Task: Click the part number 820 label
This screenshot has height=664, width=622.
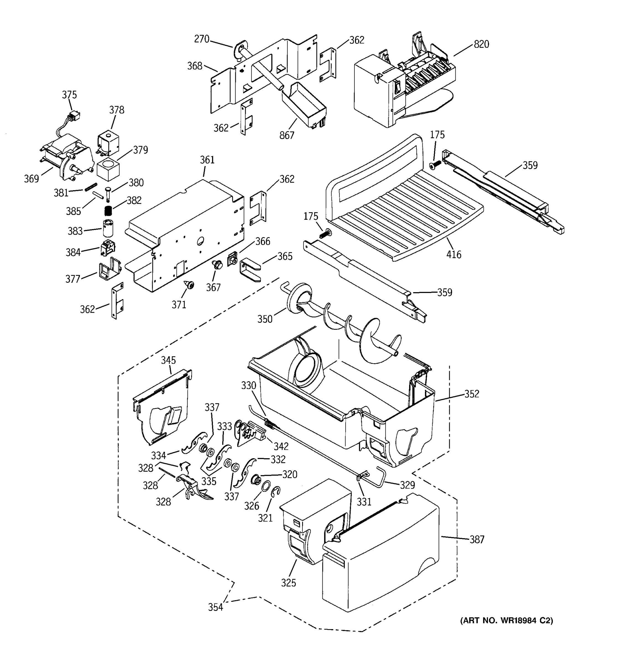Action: coord(481,44)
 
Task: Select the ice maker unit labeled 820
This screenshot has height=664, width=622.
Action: coord(400,84)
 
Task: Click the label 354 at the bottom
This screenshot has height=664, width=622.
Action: coord(215,607)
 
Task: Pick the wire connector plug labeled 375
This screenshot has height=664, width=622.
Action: coord(74,116)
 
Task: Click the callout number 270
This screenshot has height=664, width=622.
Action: coord(202,39)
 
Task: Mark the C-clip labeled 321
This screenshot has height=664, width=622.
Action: coord(276,492)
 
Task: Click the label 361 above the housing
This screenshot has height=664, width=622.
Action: coord(207,160)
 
